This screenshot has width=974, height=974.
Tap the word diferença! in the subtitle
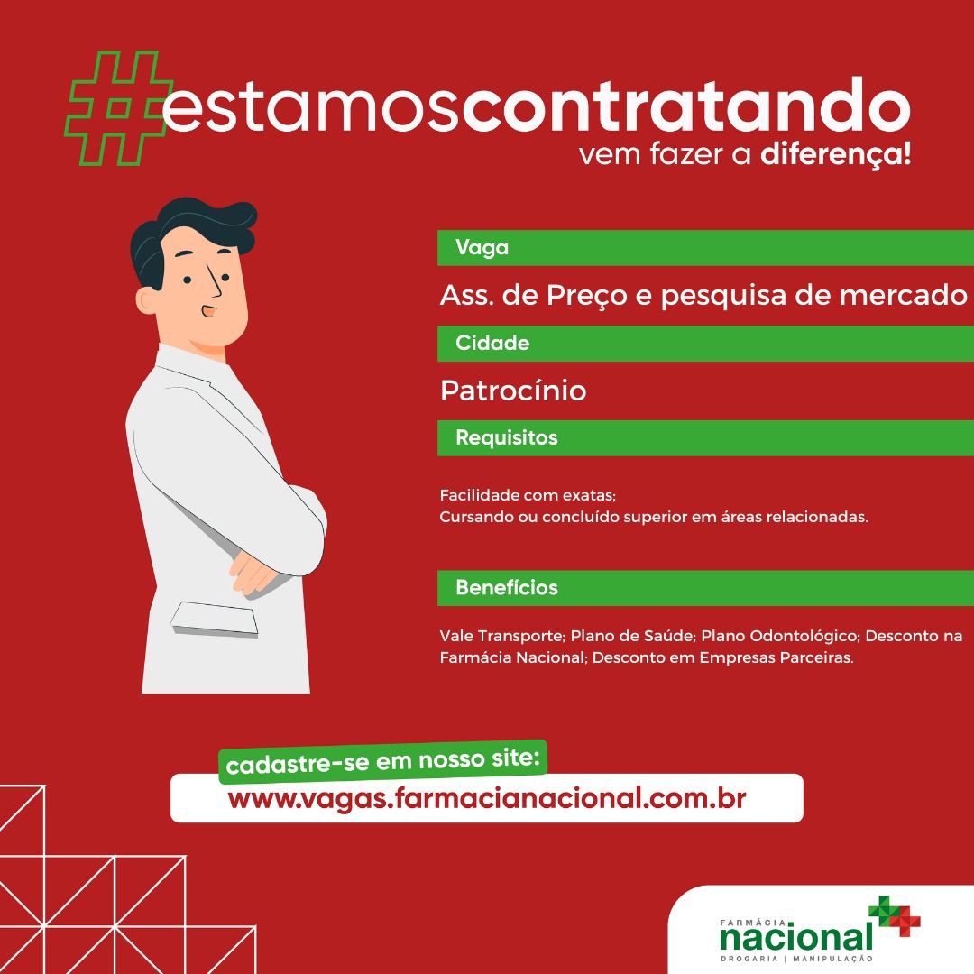835,154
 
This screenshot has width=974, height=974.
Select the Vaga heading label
482,248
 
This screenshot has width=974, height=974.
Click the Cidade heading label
492,343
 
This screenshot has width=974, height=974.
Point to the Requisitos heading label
506,438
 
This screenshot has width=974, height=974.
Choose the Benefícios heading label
506,588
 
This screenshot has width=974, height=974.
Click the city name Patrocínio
513,391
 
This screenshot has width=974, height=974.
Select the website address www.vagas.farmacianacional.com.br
486,799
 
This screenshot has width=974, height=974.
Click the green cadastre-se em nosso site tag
382,761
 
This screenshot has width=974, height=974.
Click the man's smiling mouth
208,310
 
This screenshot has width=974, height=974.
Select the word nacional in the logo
796,938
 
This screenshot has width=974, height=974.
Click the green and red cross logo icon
895,915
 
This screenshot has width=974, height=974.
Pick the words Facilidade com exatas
528,495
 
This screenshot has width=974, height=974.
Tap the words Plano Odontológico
780,636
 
